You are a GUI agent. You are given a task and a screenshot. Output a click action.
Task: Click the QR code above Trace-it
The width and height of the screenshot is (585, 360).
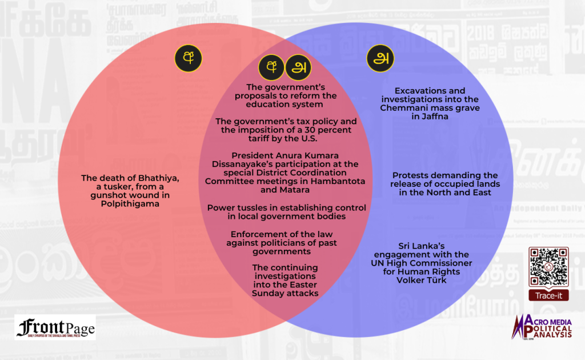(548, 266)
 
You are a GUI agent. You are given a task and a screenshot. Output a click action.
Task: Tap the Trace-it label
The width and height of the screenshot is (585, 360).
(548, 295)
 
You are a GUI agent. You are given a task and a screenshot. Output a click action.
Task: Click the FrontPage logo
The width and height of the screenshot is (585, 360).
(55, 327)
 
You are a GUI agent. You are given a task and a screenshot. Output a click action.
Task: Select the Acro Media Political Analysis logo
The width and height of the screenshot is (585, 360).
(543, 330)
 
